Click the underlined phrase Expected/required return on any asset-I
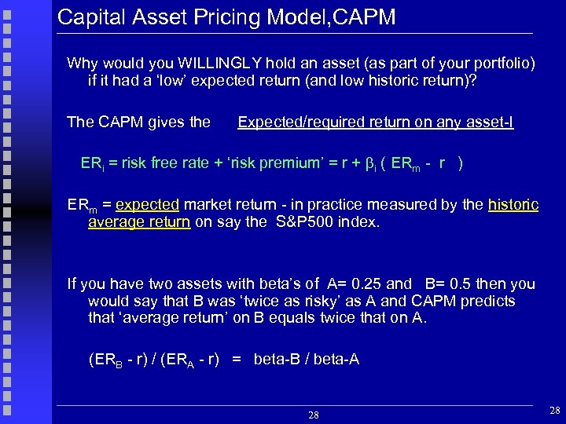point(376,122)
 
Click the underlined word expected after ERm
point(148,204)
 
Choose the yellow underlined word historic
point(513,204)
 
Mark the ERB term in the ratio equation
point(106,360)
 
